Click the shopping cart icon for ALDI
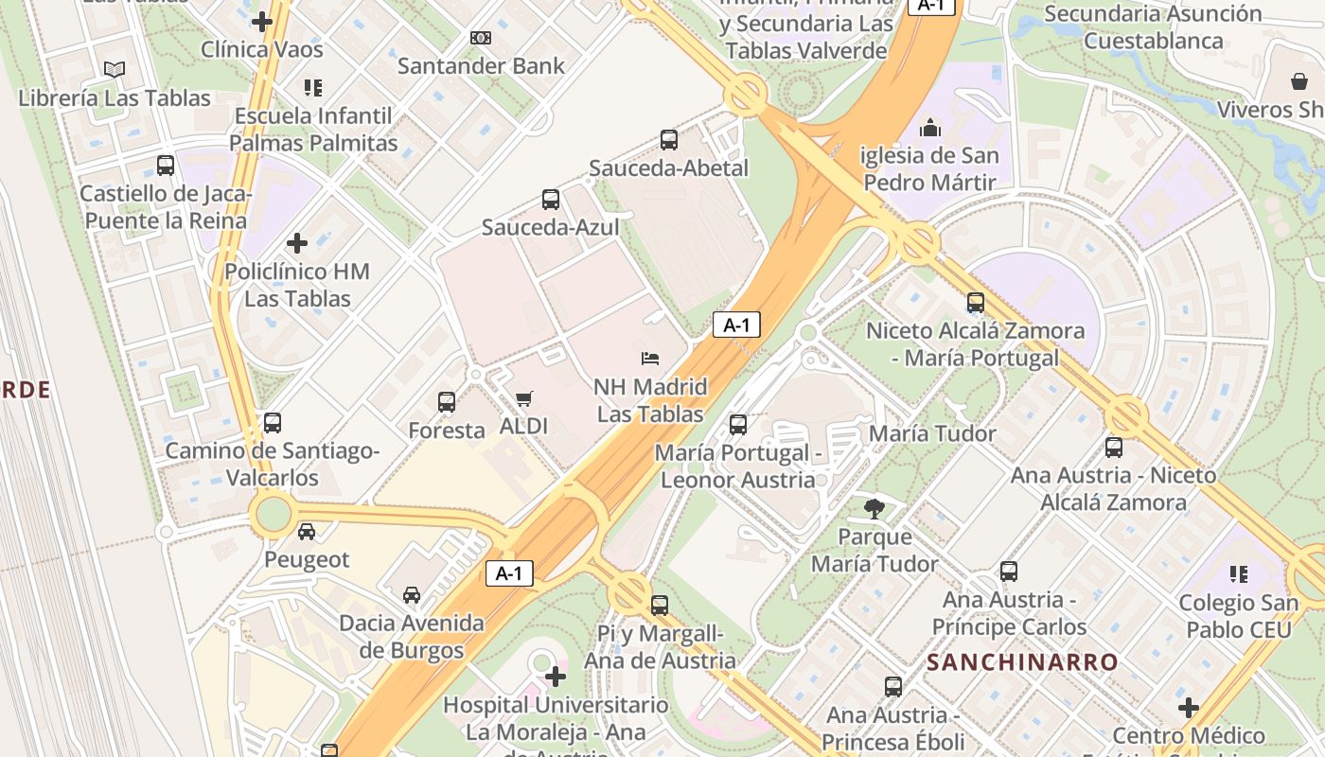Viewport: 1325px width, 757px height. [523, 399]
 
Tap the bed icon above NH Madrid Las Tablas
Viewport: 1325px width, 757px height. [650, 359]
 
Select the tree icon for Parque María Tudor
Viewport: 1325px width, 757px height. [874, 509]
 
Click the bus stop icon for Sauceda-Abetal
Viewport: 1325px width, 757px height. [669, 140]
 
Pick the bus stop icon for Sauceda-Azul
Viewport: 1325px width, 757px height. [551, 199]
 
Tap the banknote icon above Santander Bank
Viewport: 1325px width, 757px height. [481, 38]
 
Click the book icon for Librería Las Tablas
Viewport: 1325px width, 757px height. [115, 70]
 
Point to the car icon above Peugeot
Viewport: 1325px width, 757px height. [307, 532]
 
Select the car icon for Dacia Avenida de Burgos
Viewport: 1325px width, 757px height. [412, 595]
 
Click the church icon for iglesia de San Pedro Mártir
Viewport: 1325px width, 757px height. [930, 127]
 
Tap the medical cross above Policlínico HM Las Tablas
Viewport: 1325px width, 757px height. [297, 243]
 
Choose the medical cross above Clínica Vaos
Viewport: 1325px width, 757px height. [262, 21]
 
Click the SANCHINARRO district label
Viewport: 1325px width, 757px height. [1022, 662]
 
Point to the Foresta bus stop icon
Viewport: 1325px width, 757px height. [447, 402]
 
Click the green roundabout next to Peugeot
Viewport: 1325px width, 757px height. [274, 514]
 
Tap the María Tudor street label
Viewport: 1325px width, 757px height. [932, 434]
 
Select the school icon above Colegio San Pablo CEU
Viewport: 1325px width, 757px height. [1239, 574]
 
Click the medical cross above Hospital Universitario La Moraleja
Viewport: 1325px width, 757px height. [556, 677]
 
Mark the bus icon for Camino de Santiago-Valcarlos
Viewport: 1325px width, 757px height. [273, 423]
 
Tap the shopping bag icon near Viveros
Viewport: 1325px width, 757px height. [1299, 81]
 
